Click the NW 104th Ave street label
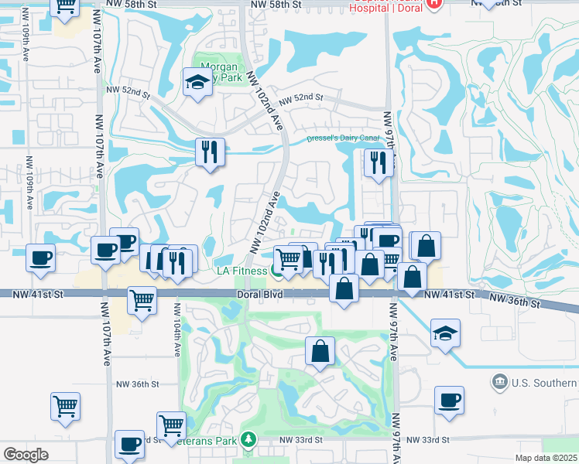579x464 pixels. tap(177, 337)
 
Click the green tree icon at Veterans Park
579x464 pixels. tap(248, 440)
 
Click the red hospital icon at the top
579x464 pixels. tap(433, 3)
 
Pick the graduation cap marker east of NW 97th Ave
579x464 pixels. tap(445, 333)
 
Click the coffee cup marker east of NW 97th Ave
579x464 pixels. tap(448, 401)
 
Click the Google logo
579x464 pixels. tap(26, 455)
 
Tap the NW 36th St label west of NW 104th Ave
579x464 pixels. tap(137, 384)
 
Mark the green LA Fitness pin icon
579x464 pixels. tap(276, 271)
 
